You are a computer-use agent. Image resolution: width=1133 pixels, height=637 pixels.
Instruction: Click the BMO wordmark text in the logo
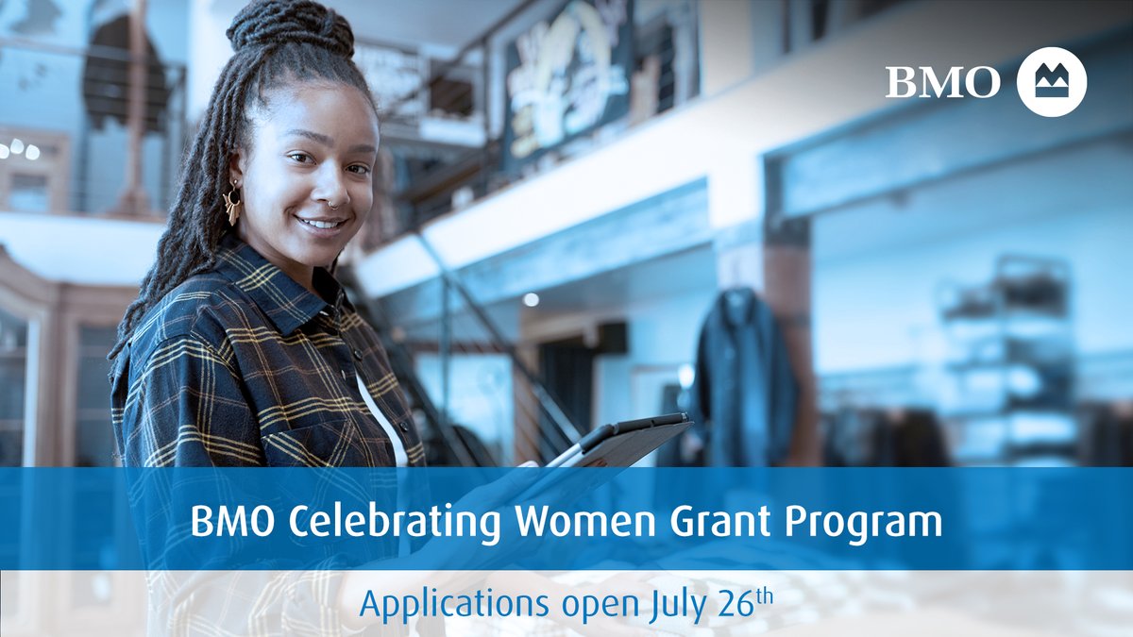(941, 82)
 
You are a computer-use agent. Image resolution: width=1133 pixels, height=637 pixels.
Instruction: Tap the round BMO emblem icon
(1052, 82)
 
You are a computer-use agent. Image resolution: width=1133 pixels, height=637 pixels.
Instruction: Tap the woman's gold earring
(231, 204)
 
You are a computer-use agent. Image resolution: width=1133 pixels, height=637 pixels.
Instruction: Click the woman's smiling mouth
(321, 225)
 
